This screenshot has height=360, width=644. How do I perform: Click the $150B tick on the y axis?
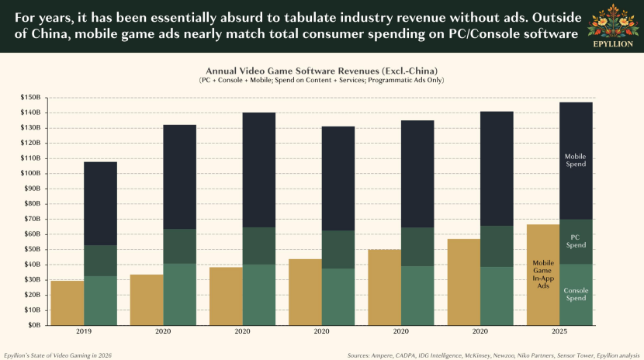[x=31, y=98]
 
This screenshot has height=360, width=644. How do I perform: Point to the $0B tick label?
[x=35, y=325]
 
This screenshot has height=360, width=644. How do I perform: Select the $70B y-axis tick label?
[x=33, y=219]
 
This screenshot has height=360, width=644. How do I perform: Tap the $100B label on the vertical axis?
[x=31, y=174]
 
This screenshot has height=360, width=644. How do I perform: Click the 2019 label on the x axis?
[x=84, y=332]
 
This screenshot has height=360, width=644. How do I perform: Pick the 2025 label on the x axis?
[x=559, y=332]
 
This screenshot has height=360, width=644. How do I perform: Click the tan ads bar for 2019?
[x=67, y=303]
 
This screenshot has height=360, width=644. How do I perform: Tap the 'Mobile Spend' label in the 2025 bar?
[x=575, y=160]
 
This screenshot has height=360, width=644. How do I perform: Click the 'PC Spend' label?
[x=575, y=241]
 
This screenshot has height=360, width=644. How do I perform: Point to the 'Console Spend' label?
[x=575, y=294]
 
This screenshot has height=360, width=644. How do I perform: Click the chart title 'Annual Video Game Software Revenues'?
[x=321, y=71]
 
